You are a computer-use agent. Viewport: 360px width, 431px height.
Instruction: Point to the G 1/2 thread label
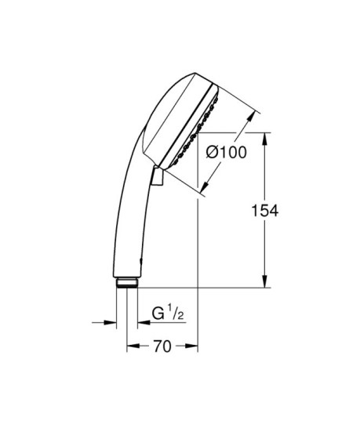click(x=168, y=316)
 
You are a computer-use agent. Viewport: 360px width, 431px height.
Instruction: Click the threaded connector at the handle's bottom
click(x=126, y=283)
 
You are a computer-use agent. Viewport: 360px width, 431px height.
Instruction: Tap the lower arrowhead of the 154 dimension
click(x=264, y=284)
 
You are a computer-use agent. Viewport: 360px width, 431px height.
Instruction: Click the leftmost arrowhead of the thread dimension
click(x=111, y=321)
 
